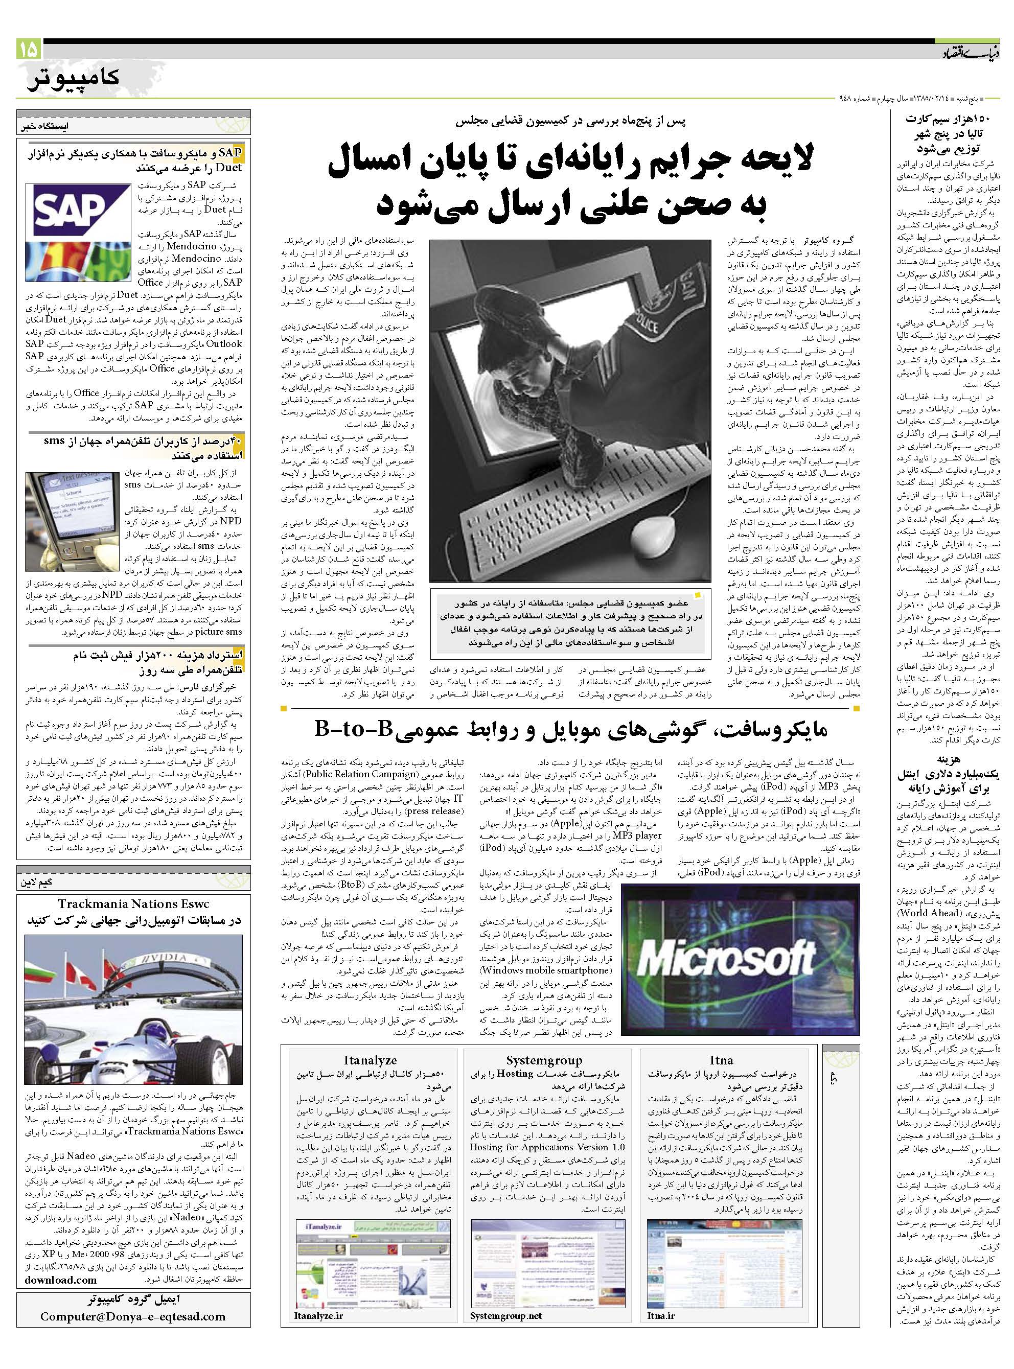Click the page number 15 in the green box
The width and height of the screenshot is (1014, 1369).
click(x=29, y=49)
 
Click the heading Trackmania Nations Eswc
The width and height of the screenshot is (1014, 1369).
click(x=133, y=904)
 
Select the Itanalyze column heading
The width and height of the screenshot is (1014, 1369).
click(x=370, y=1060)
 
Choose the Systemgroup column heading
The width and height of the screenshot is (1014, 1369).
click(x=544, y=1060)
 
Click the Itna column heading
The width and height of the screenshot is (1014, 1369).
click(x=721, y=1060)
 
